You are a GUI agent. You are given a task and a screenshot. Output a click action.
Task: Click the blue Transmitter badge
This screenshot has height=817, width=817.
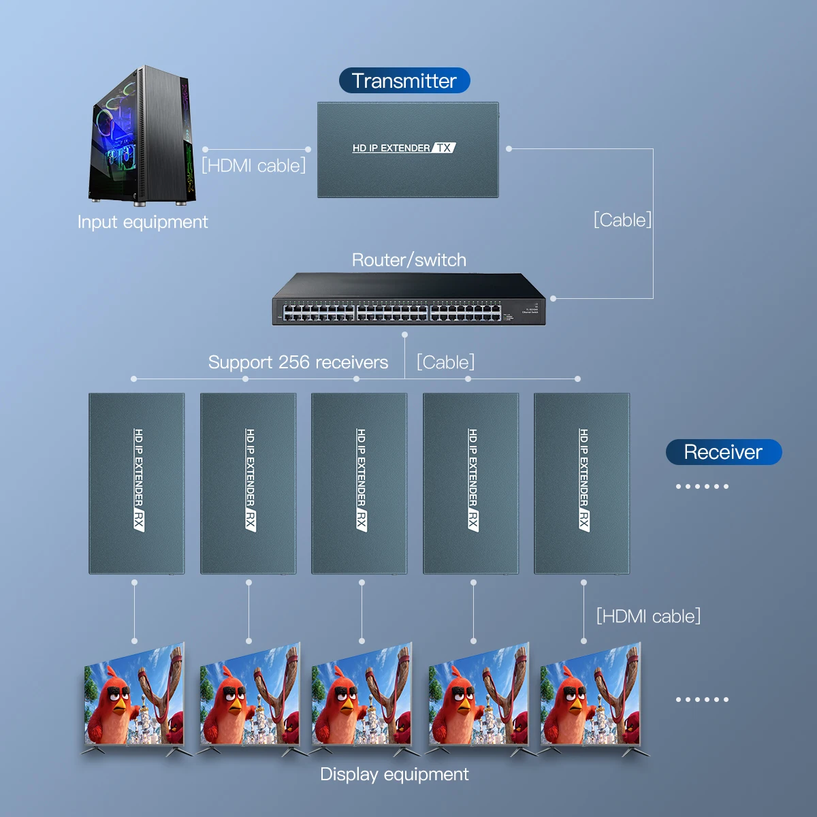pyautogui.click(x=404, y=80)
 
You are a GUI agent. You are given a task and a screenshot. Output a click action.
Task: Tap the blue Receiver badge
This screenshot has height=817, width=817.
pyautogui.click(x=723, y=452)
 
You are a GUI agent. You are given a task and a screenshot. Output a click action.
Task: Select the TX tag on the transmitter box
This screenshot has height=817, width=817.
pyautogui.click(x=444, y=148)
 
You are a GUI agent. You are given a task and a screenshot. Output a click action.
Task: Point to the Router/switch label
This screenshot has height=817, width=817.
pyautogui.click(x=408, y=260)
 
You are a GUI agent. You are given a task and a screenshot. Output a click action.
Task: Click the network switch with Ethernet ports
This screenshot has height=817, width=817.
pyautogui.click(x=408, y=300)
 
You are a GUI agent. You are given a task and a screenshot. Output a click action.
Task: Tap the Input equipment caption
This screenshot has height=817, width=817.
pyautogui.click(x=142, y=222)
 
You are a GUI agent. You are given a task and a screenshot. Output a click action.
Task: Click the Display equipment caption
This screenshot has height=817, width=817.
pyautogui.click(x=394, y=774)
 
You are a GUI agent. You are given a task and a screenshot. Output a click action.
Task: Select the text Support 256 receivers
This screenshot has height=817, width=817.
pyautogui.click(x=298, y=362)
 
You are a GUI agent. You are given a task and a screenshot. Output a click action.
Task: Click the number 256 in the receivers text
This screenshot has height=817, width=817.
pyautogui.click(x=293, y=362)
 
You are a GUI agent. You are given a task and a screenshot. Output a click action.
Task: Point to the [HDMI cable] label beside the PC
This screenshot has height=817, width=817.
pyautogui.click(x=253, y=165)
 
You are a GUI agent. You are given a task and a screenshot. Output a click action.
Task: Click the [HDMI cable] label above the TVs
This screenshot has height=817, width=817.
pyautogui.click(x=648, y=616)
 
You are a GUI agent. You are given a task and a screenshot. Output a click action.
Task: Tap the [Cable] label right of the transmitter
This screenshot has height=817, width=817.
pyautogui.click(x=622, y=220)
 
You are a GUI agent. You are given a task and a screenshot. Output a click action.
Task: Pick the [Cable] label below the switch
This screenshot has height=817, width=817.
pyautogui.click(x=445, y=362)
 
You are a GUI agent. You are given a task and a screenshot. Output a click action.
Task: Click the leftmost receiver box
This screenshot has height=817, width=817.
pyautogui.click(x=137, y=483)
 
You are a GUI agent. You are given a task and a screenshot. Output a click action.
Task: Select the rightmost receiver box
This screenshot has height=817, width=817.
pyautogui.click(x=582, y=483)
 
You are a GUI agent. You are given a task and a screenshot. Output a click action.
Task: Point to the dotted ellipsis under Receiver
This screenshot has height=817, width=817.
pyautogui.click(x=702, y=486)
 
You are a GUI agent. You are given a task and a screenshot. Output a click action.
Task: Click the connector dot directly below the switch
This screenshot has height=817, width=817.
pyautogui.click(x=404, y=334)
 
